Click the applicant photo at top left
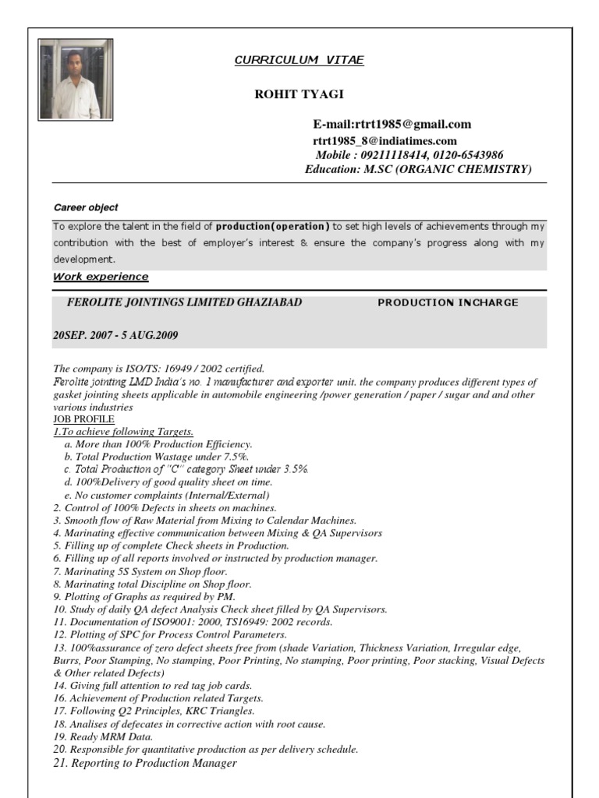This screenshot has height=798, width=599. point(76,79)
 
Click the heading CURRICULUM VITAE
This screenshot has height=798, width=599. point(299,60)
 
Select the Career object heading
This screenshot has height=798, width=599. point(85,207)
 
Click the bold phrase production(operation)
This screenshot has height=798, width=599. point(272,227)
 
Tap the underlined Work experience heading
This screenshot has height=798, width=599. point(100,277)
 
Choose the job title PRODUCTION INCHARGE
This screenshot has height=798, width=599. point(447,303)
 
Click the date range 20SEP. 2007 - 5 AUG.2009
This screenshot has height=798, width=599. point(115,336)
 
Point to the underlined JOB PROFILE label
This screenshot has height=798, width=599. point(83,418)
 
